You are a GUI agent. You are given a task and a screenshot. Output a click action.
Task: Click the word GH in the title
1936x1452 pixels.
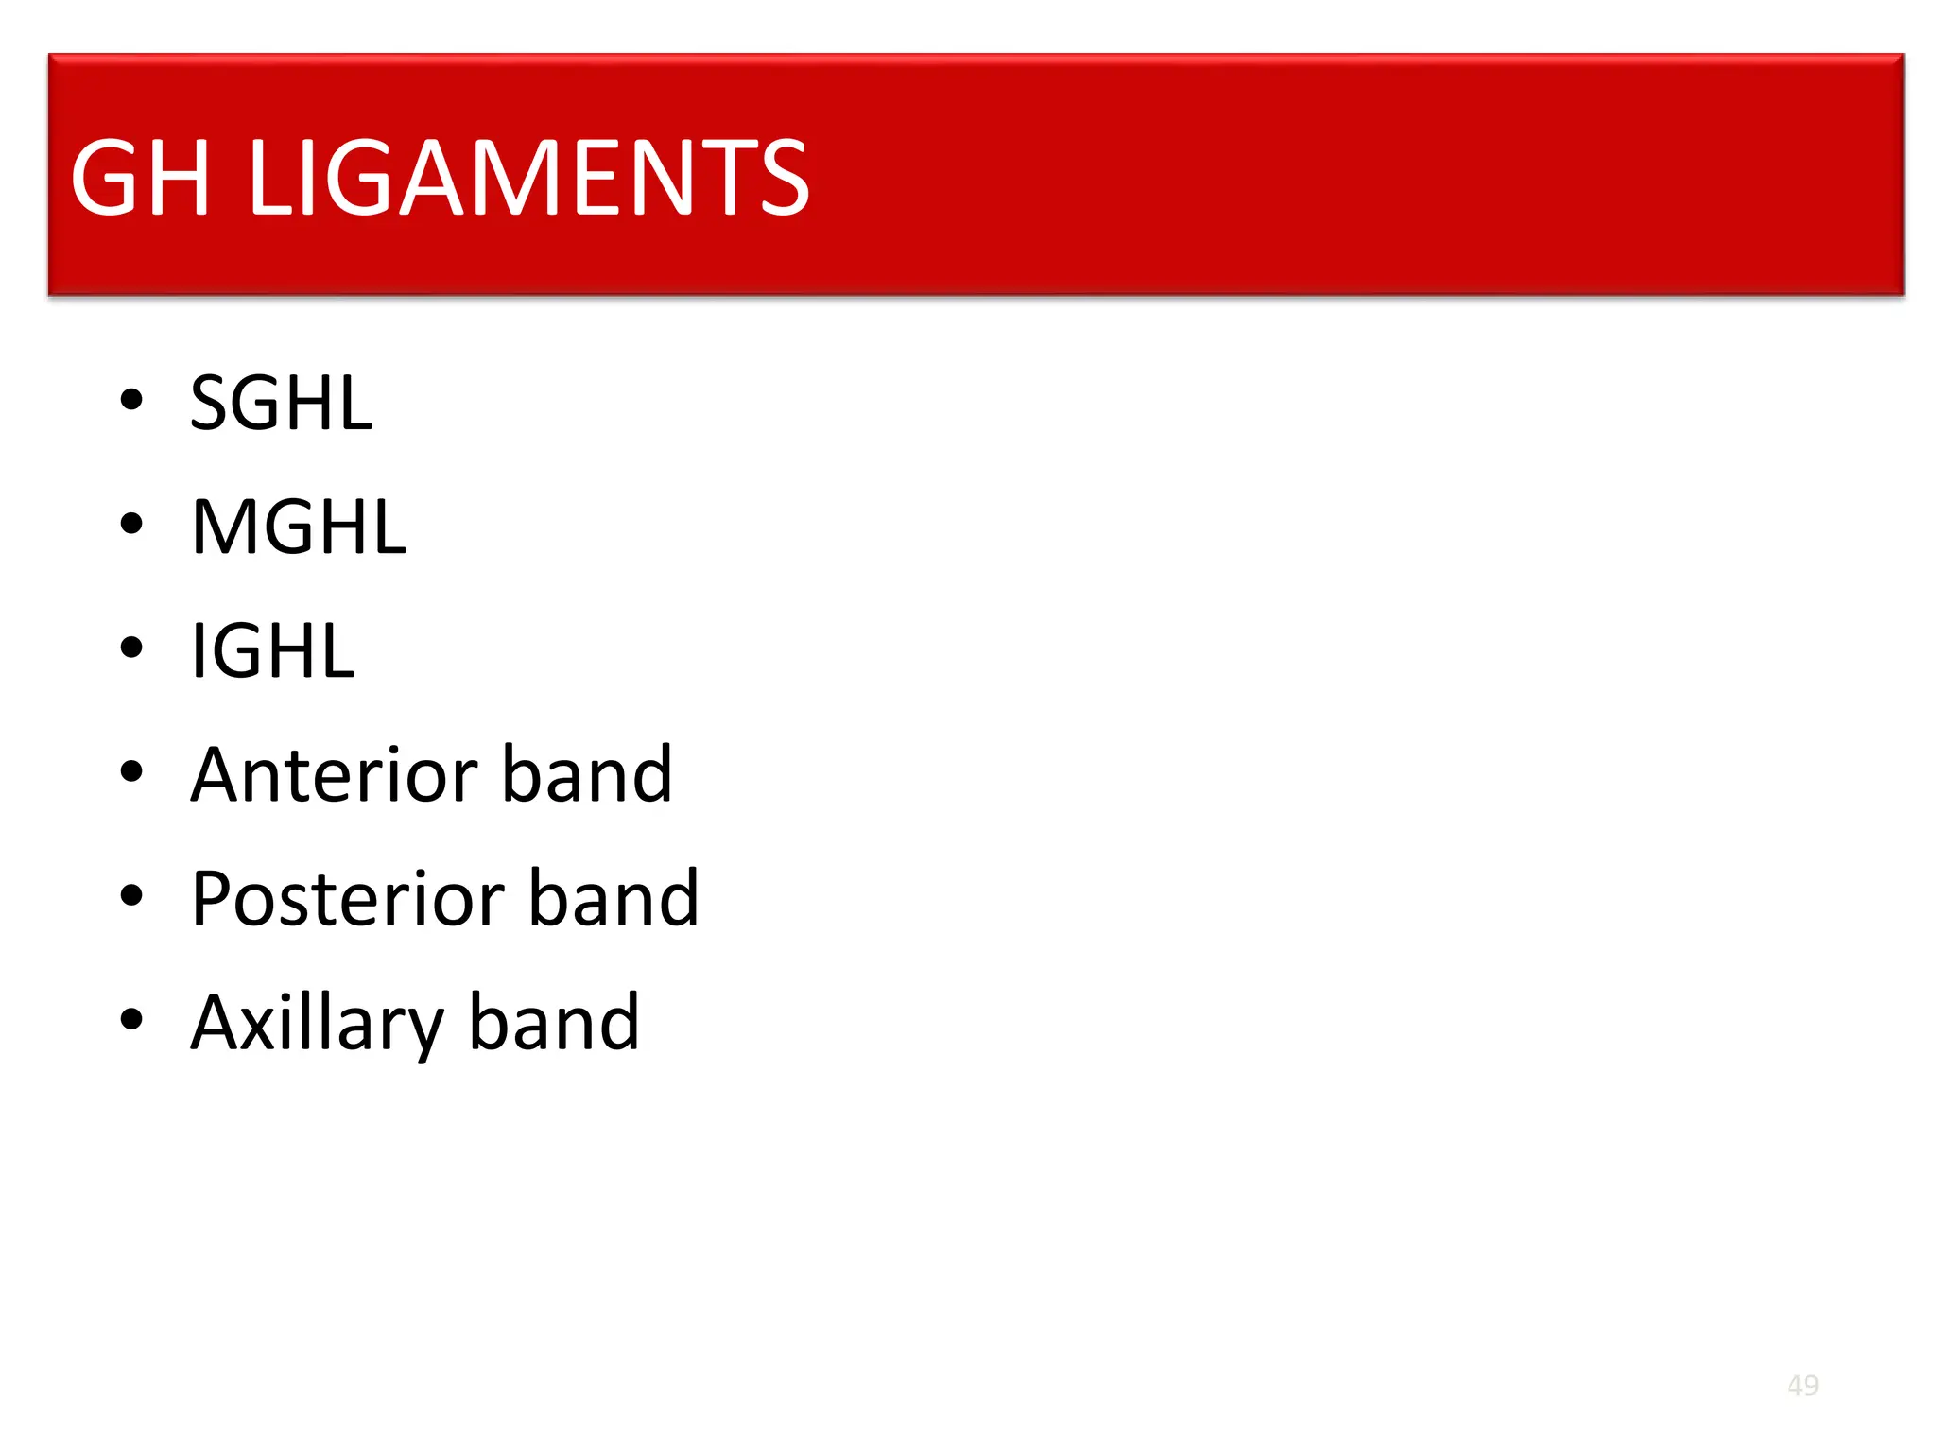tap(140, 178)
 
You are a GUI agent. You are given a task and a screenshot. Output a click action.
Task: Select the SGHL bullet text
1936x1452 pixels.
tap(281, 404)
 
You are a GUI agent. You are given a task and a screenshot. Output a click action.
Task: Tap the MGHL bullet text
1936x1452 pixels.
tap(298, 527)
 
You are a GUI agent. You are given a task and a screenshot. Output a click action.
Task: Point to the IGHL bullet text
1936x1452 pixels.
tap(272, 651)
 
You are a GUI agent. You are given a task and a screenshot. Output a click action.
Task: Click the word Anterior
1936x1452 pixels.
tap(332, 775)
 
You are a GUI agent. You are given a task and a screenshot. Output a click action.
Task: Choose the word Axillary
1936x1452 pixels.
tap(316, 1023)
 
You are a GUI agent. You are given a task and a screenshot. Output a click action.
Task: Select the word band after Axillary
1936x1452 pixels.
tap(554, 1023)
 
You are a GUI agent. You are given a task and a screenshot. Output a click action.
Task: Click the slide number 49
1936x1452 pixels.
tap(1803, 1386)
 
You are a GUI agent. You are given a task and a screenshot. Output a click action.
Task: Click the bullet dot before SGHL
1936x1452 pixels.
tap(131, 400)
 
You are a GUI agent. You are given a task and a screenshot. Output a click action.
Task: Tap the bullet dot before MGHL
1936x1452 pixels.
tap(131, 524)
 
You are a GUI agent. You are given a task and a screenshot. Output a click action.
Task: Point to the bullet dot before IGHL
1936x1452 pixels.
tap(131, 648)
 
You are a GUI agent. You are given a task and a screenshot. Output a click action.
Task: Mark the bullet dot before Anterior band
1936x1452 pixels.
tap(131, 771)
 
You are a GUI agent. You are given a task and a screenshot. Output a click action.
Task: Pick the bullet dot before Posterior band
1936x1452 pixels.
tap(131, 895)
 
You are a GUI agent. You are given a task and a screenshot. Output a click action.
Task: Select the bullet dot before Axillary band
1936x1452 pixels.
tap(131, 1019)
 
